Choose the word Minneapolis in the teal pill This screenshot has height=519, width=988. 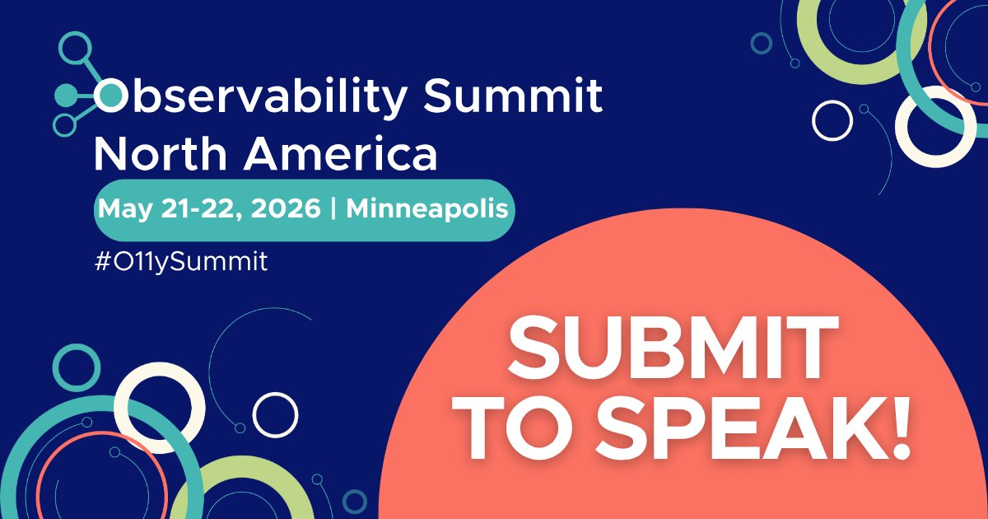point(426,209)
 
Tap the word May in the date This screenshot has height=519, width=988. point(122,209)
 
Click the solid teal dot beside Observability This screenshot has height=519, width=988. point(64,96)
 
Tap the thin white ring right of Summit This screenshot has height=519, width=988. point(832,120)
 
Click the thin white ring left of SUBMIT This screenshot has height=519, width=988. point(275,414)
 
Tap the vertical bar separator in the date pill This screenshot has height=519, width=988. point(333,209)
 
